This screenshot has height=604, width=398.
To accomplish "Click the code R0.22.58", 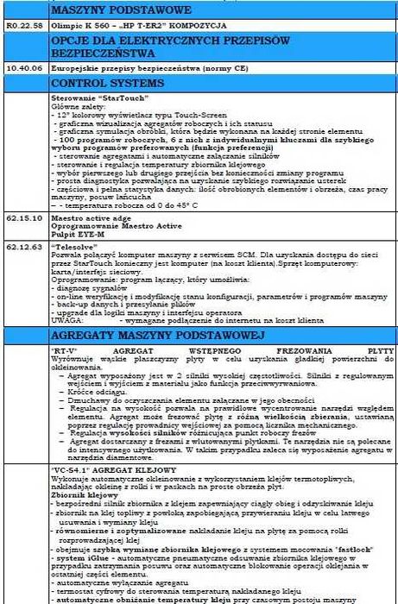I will click(x=23, y=27).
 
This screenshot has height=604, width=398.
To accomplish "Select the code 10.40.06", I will click(x=23, y=65).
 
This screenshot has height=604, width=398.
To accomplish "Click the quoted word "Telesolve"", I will click(x=74, y=245).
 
